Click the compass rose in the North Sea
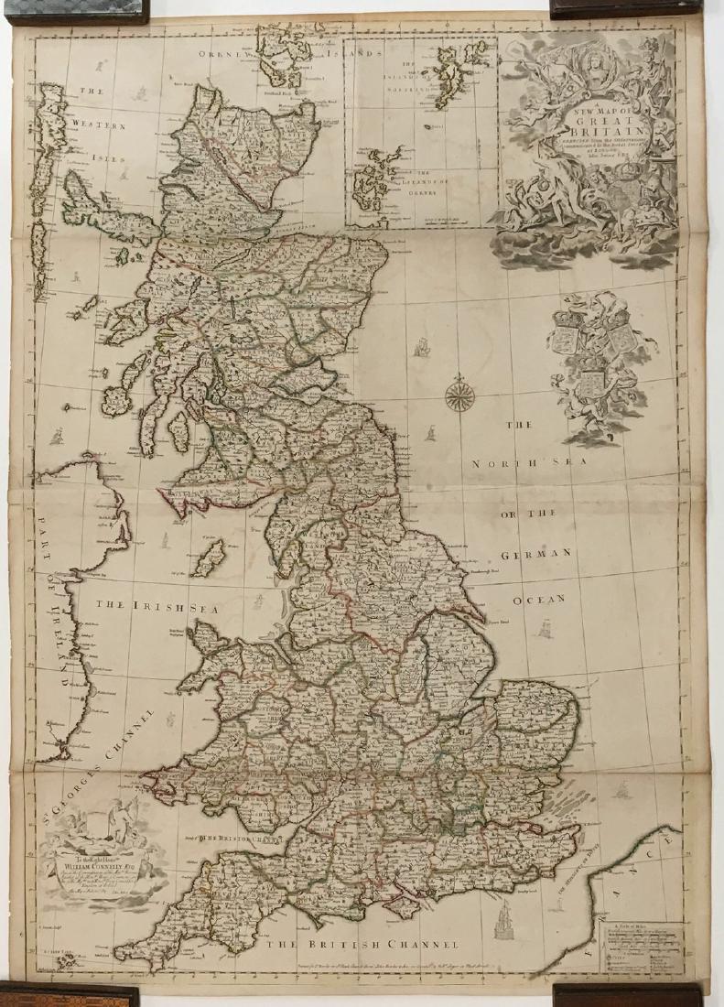click(x=457, y=395)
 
